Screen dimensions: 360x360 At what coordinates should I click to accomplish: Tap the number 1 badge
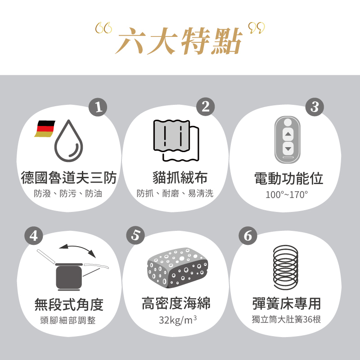(x=98, y=107)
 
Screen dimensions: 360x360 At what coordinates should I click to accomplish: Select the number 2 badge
(x=206, y=107)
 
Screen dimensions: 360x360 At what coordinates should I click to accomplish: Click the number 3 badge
(x=314, y=107)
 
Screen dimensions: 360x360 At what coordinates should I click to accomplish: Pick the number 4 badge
(x=34, y=235)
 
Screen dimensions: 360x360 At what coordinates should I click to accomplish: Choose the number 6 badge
(x=247, y=235)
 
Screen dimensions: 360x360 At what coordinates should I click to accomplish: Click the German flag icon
(x=45, y=129)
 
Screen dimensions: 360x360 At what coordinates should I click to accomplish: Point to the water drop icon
(x=69, y=140)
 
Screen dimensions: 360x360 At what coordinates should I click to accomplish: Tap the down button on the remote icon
(x=288, y=148)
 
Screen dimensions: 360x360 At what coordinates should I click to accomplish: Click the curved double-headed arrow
(x=76, y=249)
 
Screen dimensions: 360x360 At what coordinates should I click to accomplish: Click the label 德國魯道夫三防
(x=69, y=178)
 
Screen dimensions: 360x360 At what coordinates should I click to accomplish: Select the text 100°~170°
(x=287, y=194)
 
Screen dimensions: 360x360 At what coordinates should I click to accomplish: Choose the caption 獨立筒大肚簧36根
(x=286, y=320)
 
